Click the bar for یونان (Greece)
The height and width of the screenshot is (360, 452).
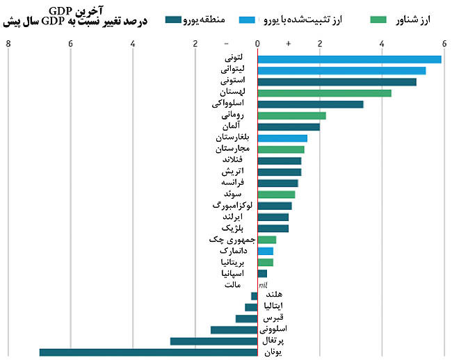pos(148,352)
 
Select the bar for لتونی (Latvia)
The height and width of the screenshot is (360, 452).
pos(349,59)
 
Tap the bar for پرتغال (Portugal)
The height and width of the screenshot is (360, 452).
pos(213,341)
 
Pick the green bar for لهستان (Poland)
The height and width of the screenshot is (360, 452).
pos(324,93)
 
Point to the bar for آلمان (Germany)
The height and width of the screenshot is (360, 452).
pos(289,126)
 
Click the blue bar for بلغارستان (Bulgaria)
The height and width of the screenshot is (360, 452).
pos(282,138)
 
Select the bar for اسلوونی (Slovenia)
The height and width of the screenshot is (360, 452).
pos(234,329)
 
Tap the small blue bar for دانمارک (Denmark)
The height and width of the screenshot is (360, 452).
pos(266,251)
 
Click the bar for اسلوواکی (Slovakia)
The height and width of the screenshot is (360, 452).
pos(310,104)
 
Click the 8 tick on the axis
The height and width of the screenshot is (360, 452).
pos(8,44)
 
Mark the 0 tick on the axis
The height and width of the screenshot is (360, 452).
pos(257,44)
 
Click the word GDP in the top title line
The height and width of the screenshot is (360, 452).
pos(61,10)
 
